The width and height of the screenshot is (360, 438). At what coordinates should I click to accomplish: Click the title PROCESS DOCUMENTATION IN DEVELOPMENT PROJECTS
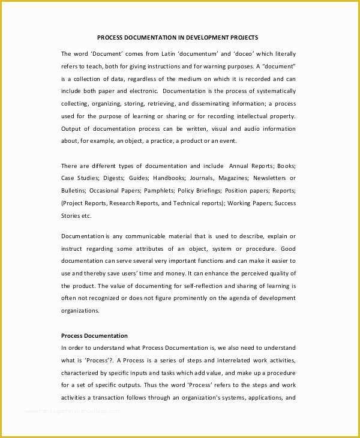[178, 37]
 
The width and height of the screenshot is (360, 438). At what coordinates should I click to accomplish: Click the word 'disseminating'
[209, 103]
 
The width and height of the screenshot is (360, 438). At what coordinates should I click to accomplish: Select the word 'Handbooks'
[169, 178]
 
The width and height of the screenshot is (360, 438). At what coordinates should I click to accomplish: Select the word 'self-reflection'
[199, 286]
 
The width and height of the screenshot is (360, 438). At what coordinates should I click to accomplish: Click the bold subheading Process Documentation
[94, 335]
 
